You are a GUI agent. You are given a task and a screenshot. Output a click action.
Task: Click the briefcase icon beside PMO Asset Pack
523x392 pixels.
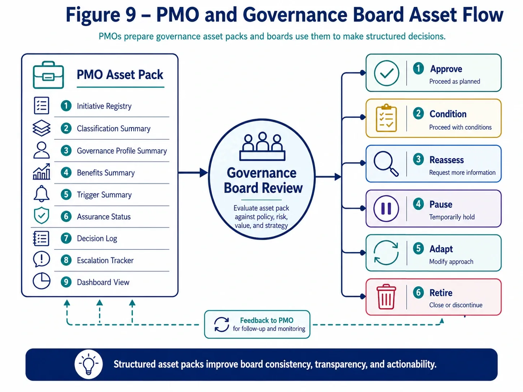pos(48,75)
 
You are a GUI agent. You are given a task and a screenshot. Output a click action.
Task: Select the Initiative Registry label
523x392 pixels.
pos(104,106)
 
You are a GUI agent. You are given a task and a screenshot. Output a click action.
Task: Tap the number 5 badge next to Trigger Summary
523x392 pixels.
pos(66,195)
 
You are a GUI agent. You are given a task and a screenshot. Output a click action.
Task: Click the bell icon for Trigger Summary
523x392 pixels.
pos(42,193)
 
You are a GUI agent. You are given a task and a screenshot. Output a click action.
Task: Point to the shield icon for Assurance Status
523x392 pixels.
pos(42,215)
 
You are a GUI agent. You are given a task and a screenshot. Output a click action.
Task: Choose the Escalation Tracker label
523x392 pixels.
pos(105,260)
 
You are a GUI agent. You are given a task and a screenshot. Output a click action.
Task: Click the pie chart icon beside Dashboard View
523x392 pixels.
pos(42,281)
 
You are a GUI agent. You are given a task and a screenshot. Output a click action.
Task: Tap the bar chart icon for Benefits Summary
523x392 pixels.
pos(42,171)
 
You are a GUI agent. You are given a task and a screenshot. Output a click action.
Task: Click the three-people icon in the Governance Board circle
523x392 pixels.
pos(262,146)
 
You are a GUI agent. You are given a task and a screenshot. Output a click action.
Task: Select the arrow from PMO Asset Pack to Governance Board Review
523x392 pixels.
pos(193,173)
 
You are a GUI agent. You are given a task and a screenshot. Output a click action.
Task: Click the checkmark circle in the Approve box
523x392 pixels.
pos(386,73)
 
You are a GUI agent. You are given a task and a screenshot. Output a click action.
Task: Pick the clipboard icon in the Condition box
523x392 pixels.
pos(386,118)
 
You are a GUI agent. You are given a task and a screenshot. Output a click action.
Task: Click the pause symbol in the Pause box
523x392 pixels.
pos(386,209)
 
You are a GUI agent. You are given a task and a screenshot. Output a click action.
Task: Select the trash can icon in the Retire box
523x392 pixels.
pos(386,297)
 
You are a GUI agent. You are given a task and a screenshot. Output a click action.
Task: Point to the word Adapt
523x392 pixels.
pos(441,249)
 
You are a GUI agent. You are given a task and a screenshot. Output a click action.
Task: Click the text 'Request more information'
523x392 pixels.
pos(462,173)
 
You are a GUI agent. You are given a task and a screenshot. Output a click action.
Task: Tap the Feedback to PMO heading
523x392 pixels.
pos(267,321)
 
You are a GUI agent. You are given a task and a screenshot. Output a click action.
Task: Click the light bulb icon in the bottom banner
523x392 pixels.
pos(88,364)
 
